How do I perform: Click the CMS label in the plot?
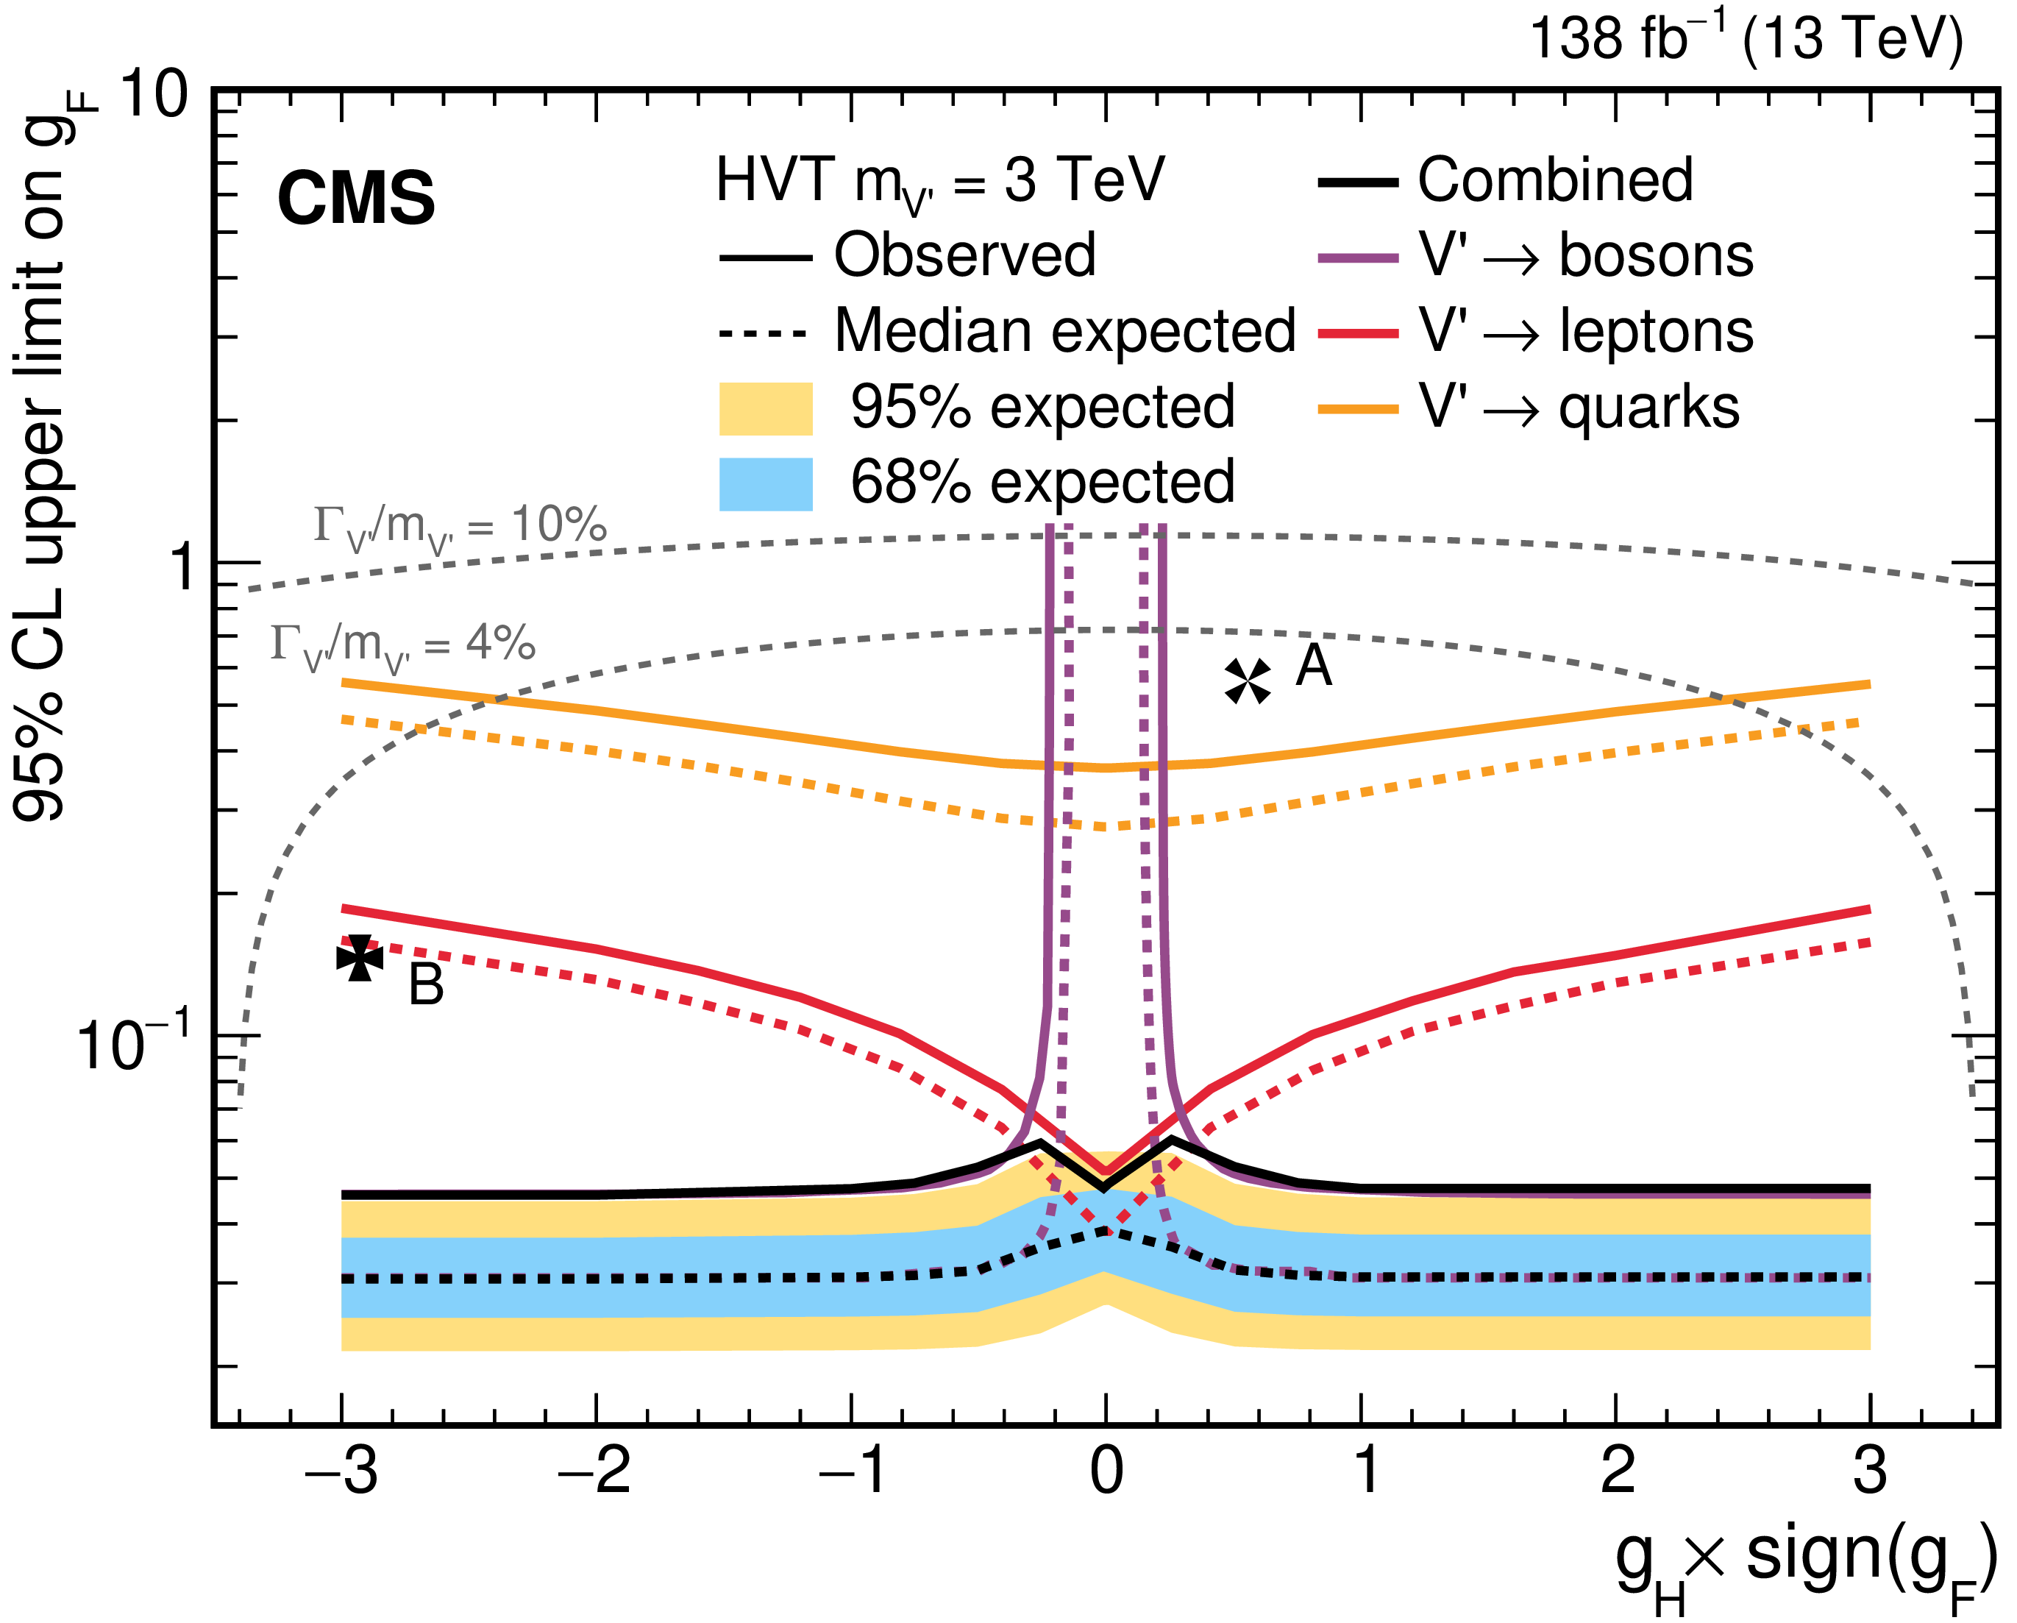(x=355, y=199)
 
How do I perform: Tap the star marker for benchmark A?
(x=1248, y=680)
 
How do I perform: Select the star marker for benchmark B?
(x=360, y=959)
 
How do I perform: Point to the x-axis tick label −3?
(x=341, y=1471)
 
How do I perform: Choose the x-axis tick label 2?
(x=1617, y=1471)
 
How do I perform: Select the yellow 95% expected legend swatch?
(x=765, y=409)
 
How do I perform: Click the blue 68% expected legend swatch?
(x=765, y=483)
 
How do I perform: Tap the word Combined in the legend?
(x=1555, y=180)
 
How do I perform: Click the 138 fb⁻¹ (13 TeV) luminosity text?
(x=1746, y=39)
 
